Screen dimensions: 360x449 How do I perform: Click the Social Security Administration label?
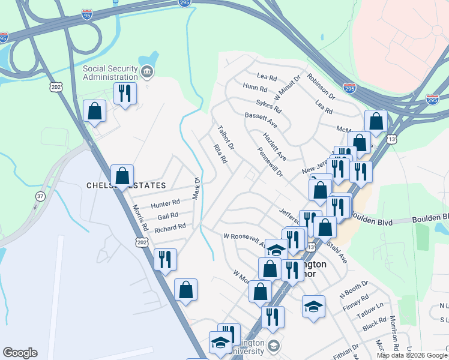[x=110, y=73]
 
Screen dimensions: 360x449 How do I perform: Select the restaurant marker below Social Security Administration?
[x=125, y=94]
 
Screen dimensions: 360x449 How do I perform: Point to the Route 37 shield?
[x=40, y=196]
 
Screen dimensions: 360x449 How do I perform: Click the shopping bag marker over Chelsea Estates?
[x=122, y=176]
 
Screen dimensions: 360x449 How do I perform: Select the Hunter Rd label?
[x=165, y=205]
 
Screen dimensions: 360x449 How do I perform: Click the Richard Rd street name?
[x=170, y=229]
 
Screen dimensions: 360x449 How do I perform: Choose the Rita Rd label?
[x=220, y=154]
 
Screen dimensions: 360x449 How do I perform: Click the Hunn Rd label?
[x=255, y=88]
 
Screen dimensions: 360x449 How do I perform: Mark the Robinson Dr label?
[x=320, y=86]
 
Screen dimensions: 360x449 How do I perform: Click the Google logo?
[x=20, y=353]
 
